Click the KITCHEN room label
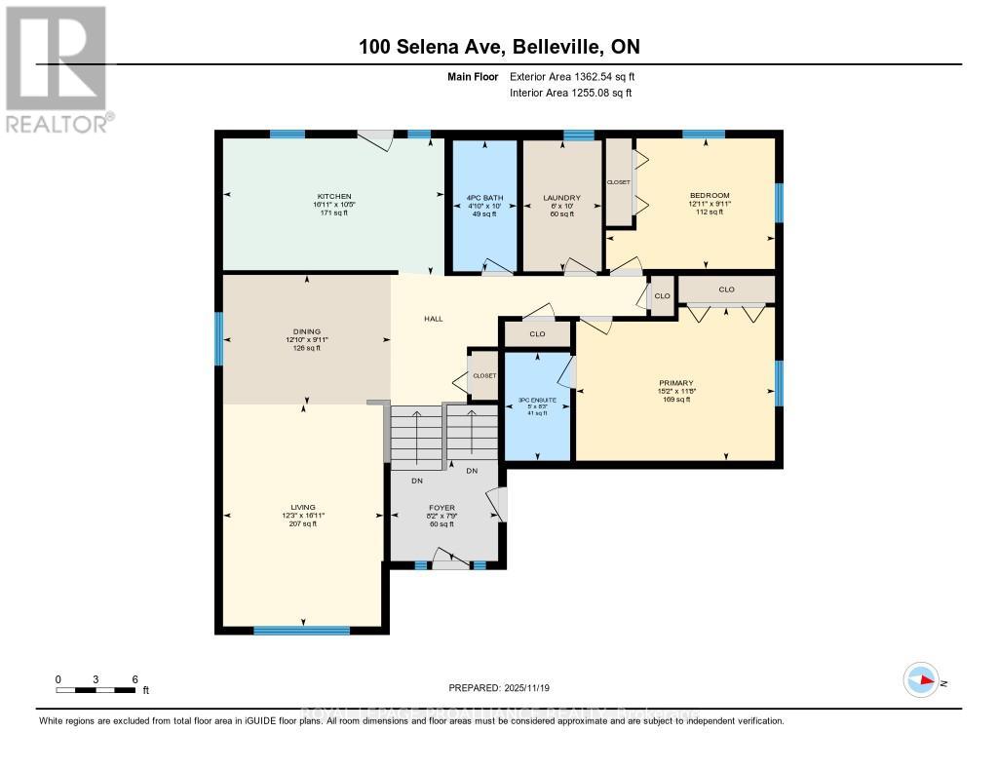(332, 197)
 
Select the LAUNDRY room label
(561, 198)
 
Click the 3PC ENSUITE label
(538, 400)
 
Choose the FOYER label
(441, 508)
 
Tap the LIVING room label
(301, 508)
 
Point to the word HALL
(434, 319)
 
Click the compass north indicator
(921, 680)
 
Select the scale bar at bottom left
(96, 690)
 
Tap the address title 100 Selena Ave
(499, 47)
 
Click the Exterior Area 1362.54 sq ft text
(571, 76)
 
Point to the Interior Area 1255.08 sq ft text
(570, 94)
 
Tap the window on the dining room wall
(218, 339)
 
